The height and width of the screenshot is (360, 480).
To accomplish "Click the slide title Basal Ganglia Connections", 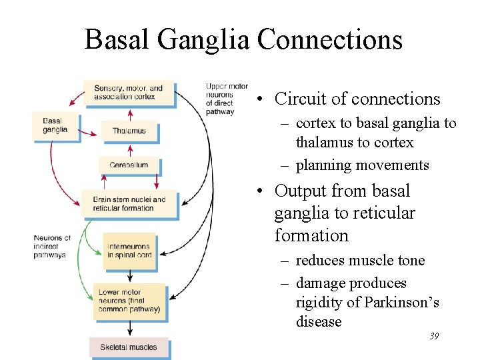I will [x=243, y=39].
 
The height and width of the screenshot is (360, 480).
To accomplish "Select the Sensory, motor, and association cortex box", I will [x=129, y=93].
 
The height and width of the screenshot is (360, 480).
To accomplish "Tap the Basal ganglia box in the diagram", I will [x=55, y=125].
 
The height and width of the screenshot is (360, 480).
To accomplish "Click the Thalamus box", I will [x=129, y=131].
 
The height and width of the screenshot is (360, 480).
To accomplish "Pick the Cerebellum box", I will [x=129, y=165].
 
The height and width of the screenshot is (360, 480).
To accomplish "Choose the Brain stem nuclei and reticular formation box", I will [x=129, y=203].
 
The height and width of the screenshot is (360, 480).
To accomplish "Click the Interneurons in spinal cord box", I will [x=129, y=251].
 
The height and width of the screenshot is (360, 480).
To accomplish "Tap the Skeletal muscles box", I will [x=129, y=347].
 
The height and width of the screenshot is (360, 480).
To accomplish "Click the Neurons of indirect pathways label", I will [x=51, y=246].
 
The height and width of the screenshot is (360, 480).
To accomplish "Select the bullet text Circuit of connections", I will [x=357, y=99].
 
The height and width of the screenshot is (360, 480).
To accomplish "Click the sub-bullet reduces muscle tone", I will [x=360, y=260].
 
